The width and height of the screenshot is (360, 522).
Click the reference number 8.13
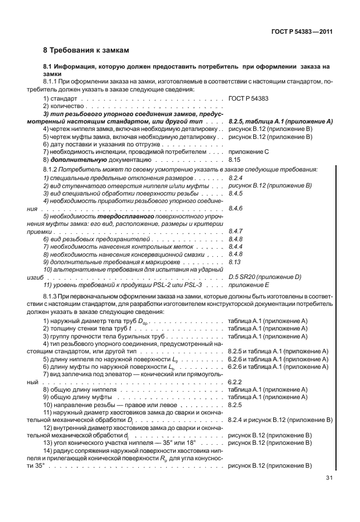[234, 261]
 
